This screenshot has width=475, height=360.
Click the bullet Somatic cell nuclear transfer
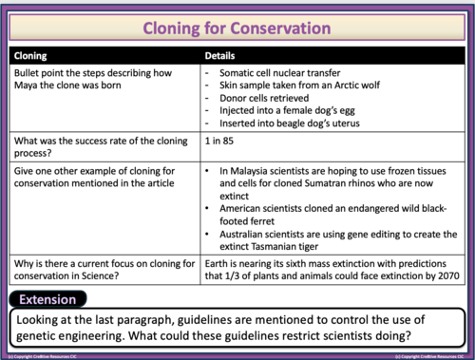pyautogui.click(x=275, y=73)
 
